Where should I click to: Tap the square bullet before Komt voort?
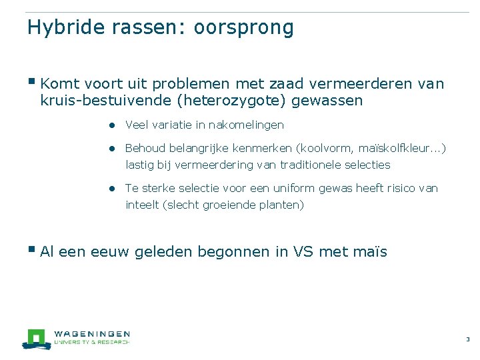(x=33, y=82)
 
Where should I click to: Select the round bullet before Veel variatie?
(x=114, y=125)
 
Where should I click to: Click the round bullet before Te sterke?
(x=114, y=189)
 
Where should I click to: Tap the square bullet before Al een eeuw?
(x=33, y=250)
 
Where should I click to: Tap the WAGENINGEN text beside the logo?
(x=91, y=334)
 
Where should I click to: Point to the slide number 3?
(x=467, y=340)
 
